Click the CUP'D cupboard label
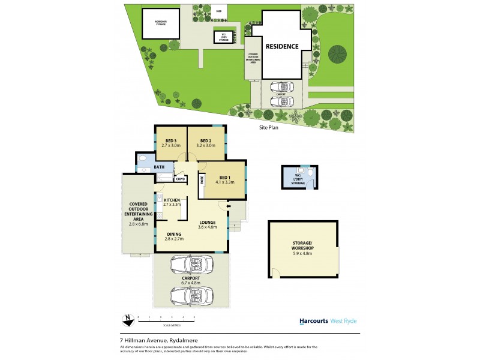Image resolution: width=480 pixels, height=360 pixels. (x=180, y=179)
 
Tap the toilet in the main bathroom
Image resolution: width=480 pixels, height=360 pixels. (x=142, y=160)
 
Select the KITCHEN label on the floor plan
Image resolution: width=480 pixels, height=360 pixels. (x=172, y=200)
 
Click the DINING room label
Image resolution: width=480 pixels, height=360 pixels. (x=173, y=234)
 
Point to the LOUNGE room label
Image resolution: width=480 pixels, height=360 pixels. (x=208, y=223)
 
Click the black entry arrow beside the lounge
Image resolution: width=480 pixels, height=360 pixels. (x=229, y=207)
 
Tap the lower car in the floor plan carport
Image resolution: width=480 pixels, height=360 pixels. (x=191, y=295)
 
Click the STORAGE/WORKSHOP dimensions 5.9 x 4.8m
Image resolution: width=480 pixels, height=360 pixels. (x=303, y=253)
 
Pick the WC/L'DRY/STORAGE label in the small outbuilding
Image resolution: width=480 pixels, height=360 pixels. (x=298, y=179)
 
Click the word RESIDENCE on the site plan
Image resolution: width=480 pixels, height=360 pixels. (x=282, y=46)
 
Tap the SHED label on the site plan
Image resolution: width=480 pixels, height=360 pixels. (x=218, y=10)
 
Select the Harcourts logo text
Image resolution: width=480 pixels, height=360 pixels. (x=313, y=321)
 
